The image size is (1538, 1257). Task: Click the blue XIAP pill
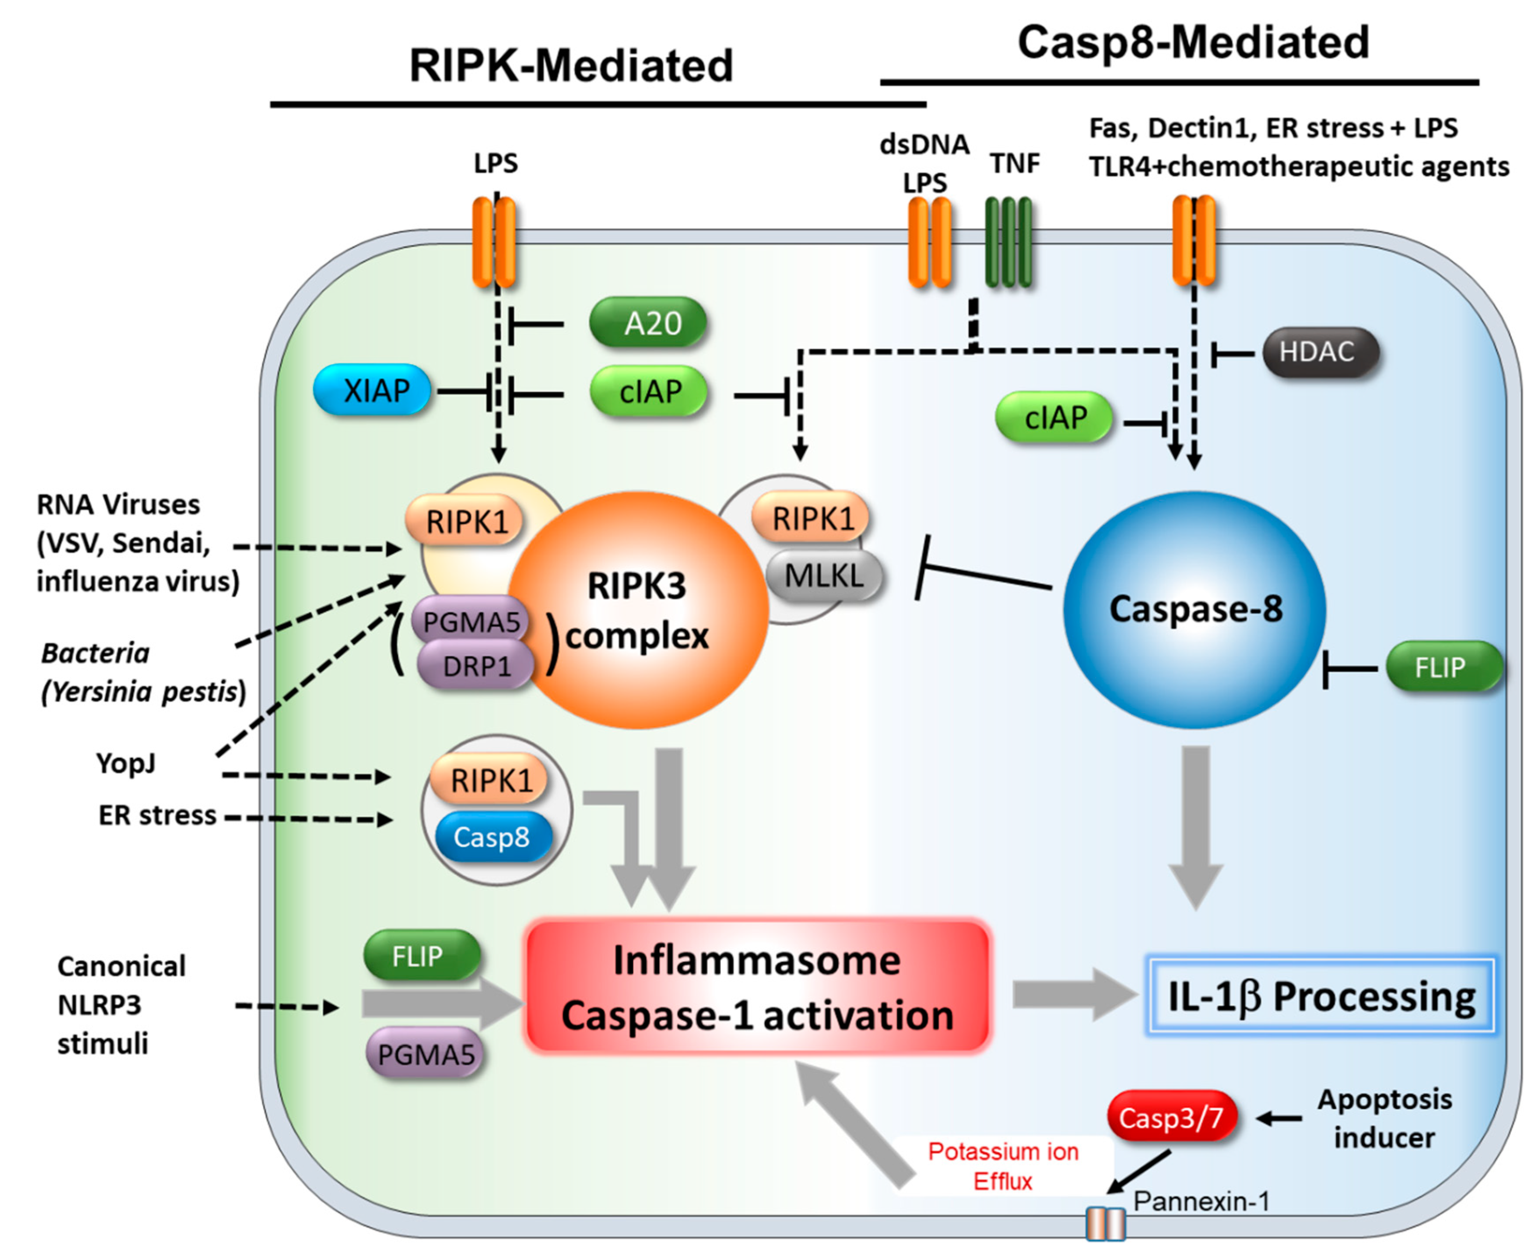(372, 390)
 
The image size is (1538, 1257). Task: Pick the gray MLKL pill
(824, 576)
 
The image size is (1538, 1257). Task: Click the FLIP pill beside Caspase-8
(1443, 667)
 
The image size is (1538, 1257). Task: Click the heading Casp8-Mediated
(1193, 42)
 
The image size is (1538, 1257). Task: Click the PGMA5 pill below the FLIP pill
(425, 1054)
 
